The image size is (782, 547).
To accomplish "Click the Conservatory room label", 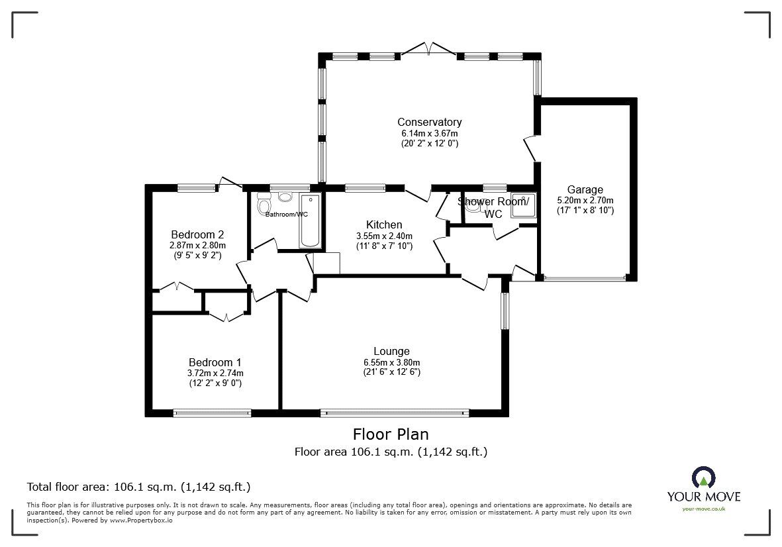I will pos(429,122).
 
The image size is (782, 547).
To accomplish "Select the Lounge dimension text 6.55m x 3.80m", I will pos(391,362).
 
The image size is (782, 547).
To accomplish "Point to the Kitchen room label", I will pos(383,225).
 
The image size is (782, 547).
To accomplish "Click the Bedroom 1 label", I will pos(215,362).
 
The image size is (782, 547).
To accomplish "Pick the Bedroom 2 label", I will pos(197,234).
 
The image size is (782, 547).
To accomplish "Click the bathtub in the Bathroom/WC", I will pos(310,221).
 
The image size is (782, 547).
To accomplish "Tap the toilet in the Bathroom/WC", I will pos(264,202).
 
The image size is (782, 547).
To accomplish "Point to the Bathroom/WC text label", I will pos(287,215).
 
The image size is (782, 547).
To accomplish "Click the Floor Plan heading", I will pos(391,434).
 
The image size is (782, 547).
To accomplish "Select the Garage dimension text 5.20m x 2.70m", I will pos(585,201).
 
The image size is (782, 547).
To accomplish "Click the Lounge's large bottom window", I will pos(394,413).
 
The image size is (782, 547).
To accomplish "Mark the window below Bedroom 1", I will pos(212,413).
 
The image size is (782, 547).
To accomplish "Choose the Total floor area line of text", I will pos(138,487).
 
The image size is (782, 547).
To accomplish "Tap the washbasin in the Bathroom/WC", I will pos(285,197).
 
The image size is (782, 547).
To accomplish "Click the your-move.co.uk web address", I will pos(703,509).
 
